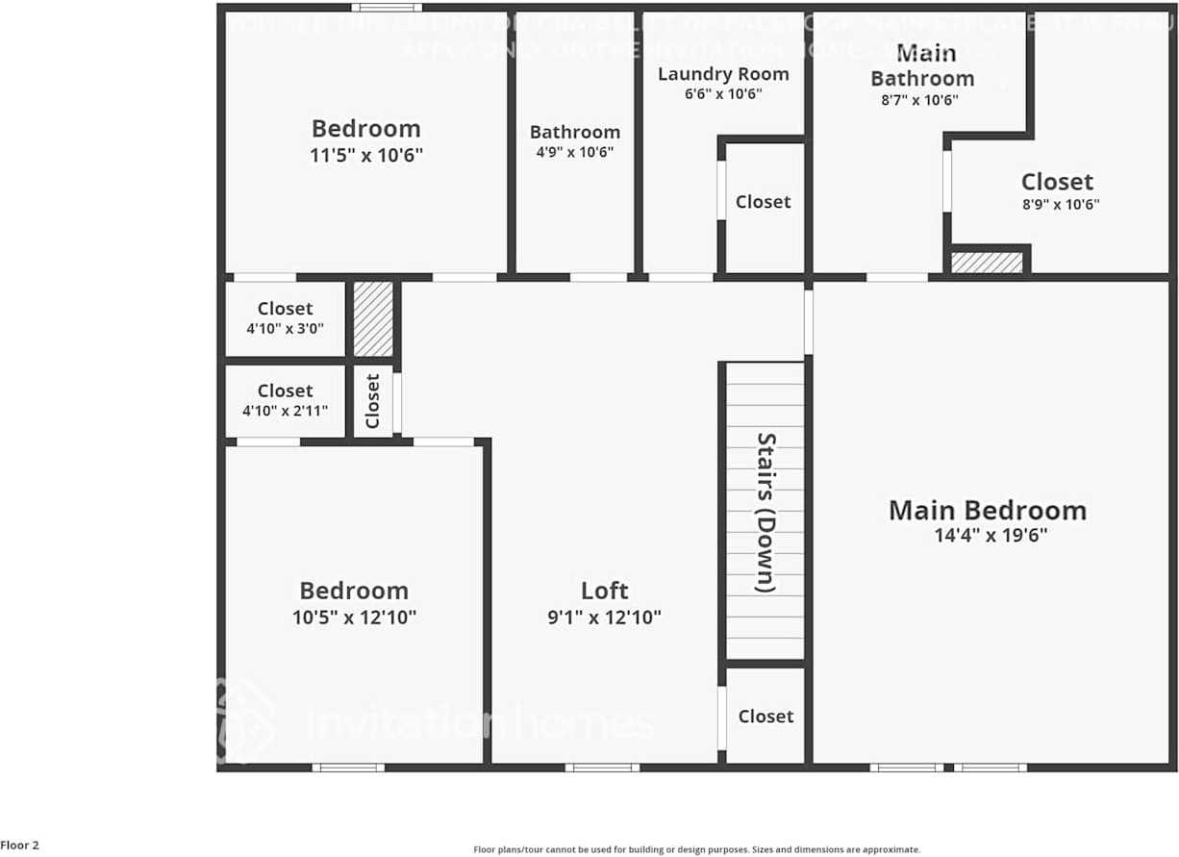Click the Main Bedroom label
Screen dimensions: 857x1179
tap(988, 510)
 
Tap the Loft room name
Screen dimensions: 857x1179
tap(605, 591)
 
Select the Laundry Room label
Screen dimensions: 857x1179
tap(723, 74)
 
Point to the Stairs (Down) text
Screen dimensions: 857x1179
tap(765, 512)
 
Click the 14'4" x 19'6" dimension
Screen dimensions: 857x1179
tap(991, 536)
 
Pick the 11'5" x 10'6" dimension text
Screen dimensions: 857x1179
tap(366, 155)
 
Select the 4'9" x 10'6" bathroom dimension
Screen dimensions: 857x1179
tap(574, 152)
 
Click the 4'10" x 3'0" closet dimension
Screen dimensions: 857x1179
tap(285, 328)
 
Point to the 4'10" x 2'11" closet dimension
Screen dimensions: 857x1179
tap(285, 411)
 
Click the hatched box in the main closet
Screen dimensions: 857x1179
tap(987, 263)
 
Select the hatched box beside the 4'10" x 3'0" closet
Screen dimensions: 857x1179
tap(373, 319)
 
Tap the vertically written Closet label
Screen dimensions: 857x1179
tap(373, 401)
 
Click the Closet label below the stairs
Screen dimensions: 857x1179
tap(765, 717)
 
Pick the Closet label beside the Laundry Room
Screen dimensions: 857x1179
tap(763, 202)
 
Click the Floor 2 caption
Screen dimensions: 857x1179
tap(20, 845)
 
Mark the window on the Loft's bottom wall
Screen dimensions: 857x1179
tap(602, 768)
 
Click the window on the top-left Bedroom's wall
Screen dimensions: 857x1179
tap(386, 8)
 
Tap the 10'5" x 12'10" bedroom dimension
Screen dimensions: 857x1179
tap(354, 618)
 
